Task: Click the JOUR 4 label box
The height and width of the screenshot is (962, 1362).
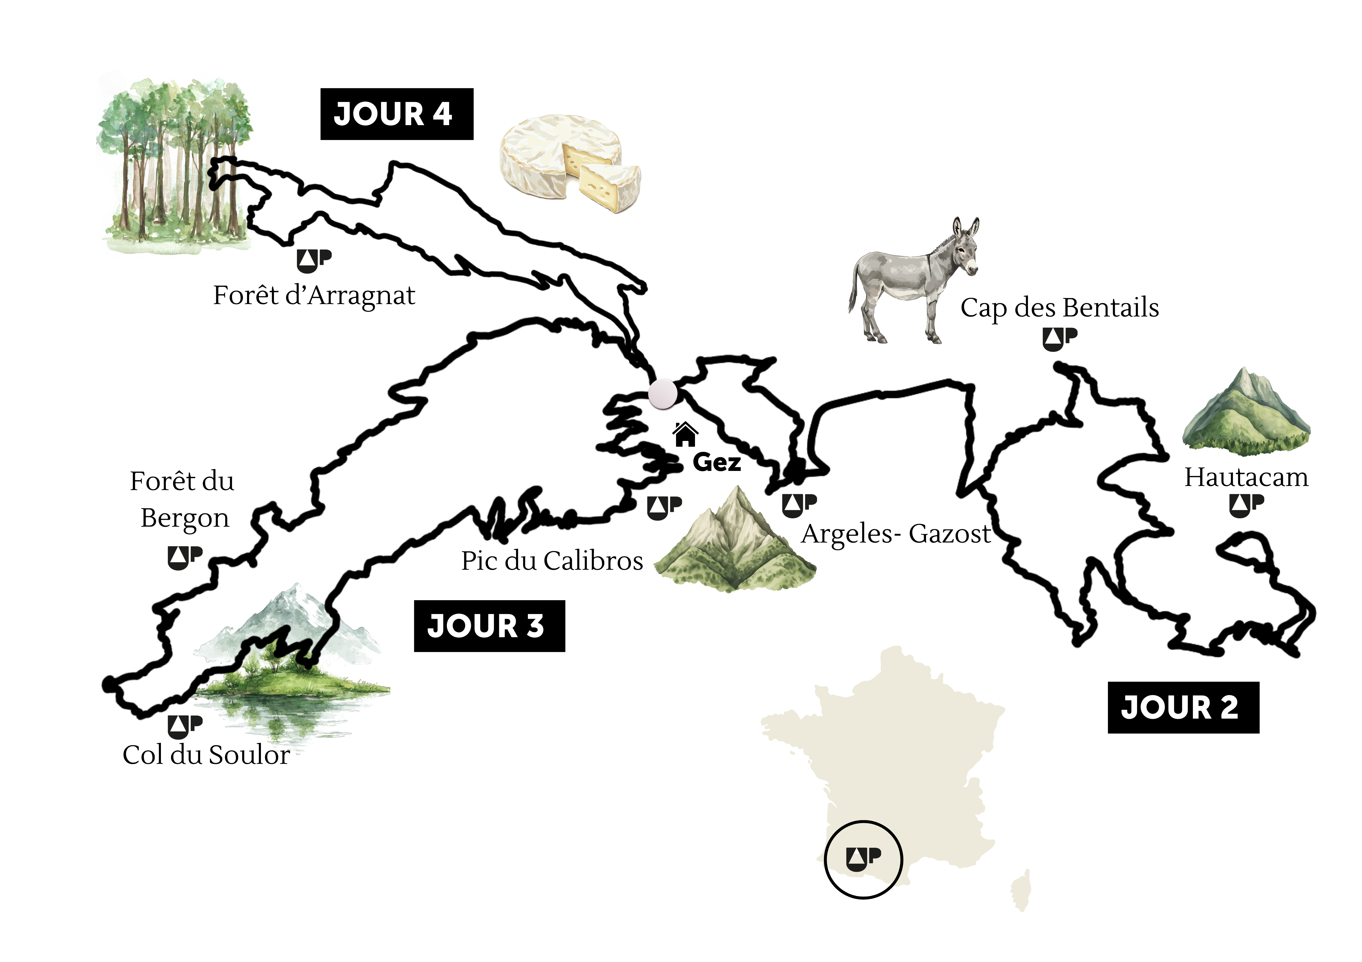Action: coord(396,114)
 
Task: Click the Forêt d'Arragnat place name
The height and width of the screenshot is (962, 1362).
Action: coord(314,295)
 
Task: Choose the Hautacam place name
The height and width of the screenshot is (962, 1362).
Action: coord(1246,477)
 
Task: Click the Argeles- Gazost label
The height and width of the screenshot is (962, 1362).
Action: coord(896,534)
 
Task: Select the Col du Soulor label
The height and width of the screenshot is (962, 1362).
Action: coord(206,755)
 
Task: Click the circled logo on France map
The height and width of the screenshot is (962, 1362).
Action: coord(863,858)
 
